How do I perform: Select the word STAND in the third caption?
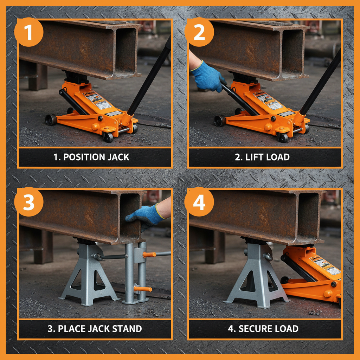(x=125, y=329)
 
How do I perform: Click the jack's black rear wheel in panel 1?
(x=51, y=120)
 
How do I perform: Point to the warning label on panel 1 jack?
(x=97, y=100)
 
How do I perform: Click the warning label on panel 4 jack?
(x=325, y=265)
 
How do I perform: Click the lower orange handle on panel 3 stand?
(x=143, y=289)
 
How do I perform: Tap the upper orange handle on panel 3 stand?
(x=149, y=254)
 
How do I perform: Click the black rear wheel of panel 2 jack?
(x=220, y=121)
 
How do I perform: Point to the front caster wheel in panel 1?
(x=108, y=137)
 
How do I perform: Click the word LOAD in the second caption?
(x=277, y=157)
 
